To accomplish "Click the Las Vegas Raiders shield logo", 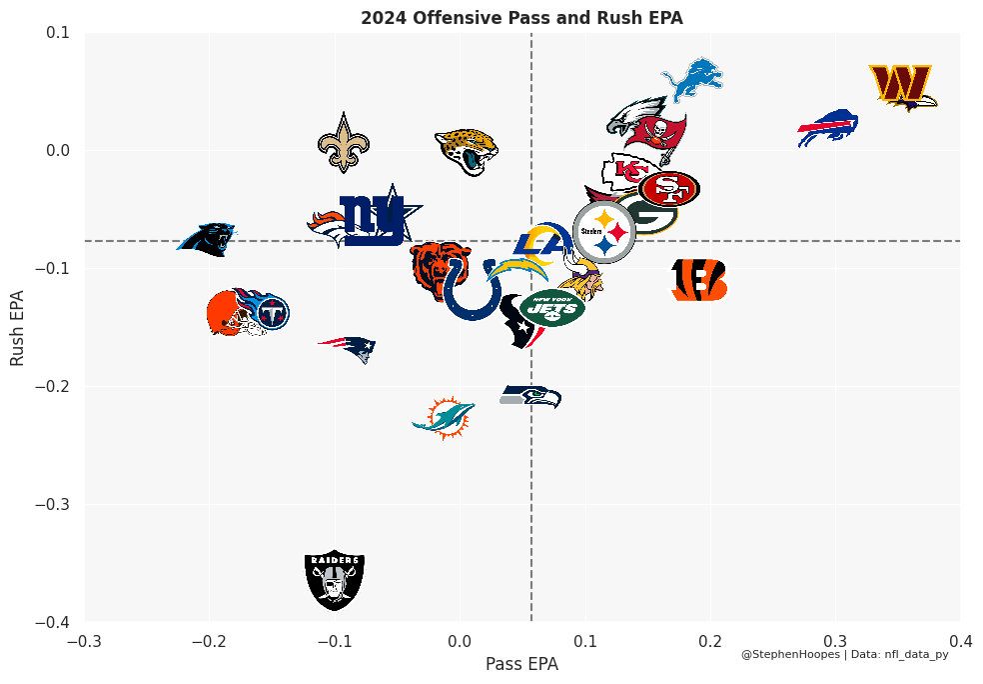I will point(335,579).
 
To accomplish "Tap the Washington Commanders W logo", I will point(902,86).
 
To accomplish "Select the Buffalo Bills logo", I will point(828,128).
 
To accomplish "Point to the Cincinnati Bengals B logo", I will point(698,280).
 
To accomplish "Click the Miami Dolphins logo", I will point(444,416).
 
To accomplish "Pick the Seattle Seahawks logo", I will point(529,396).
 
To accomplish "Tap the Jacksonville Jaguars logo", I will point(467,151).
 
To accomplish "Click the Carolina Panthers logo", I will point(208,239).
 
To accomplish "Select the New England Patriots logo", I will point(348,347).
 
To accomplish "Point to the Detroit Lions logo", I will point(692,79).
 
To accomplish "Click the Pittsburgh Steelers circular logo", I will point(604,231).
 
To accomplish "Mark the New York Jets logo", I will point(552,307).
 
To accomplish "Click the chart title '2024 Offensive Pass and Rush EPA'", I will point(521,18).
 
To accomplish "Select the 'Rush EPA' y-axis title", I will point(18,327).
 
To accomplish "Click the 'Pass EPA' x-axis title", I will point(521,664).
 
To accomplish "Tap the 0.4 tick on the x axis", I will point(960,640).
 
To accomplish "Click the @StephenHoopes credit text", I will point(790,654).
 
